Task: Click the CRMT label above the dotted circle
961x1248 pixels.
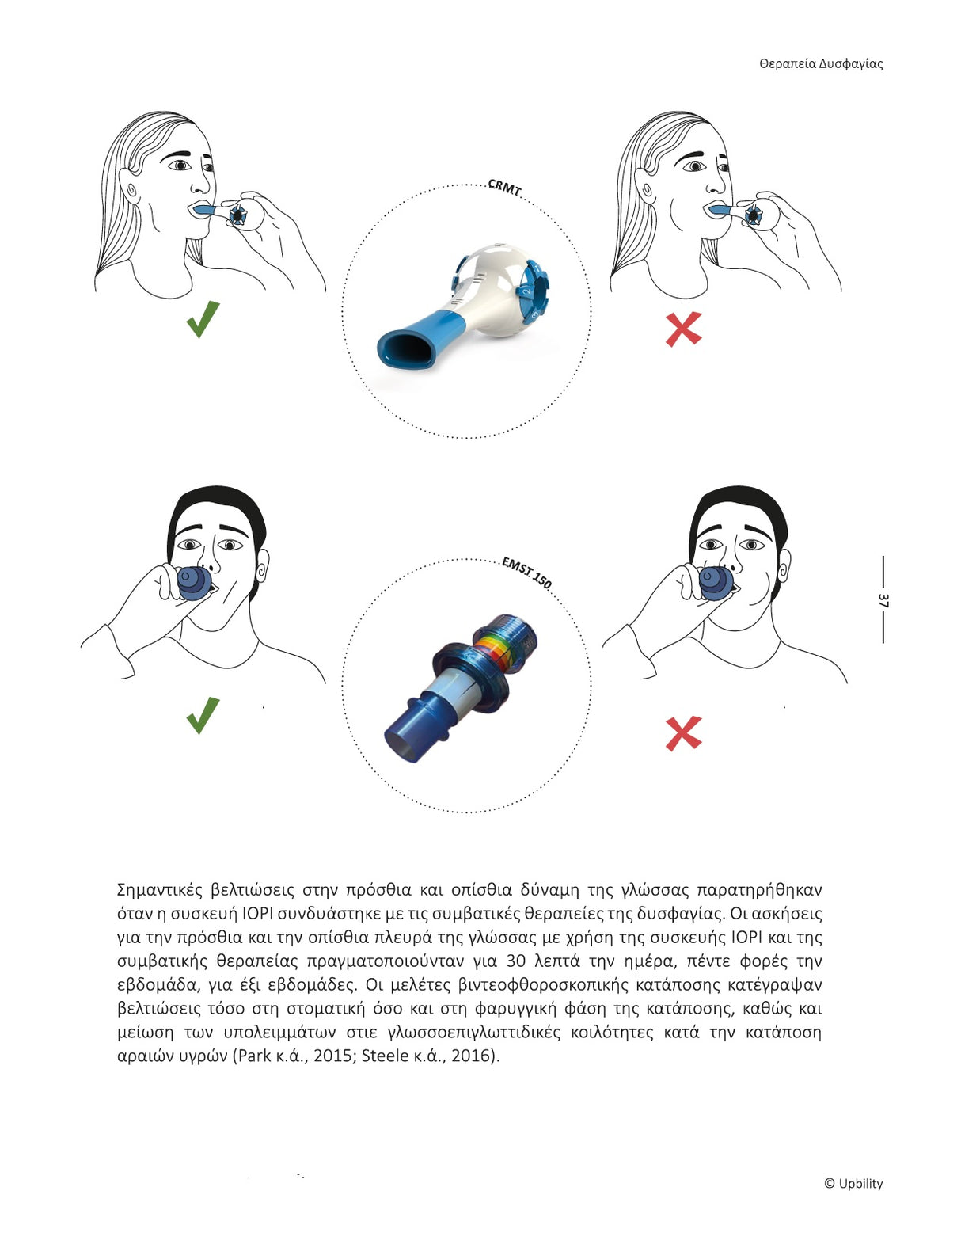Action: click(504, 188)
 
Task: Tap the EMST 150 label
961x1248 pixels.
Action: click(526, 573)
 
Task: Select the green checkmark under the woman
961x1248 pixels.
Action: click(203, 319)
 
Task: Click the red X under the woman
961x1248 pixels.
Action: click(683, 329)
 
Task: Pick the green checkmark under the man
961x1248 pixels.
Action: click(203, 715)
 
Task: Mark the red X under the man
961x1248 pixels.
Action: click(683, 733)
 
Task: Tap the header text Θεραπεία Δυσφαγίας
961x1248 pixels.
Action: click(821, 64)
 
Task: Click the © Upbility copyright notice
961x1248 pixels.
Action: click(853, 1183)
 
